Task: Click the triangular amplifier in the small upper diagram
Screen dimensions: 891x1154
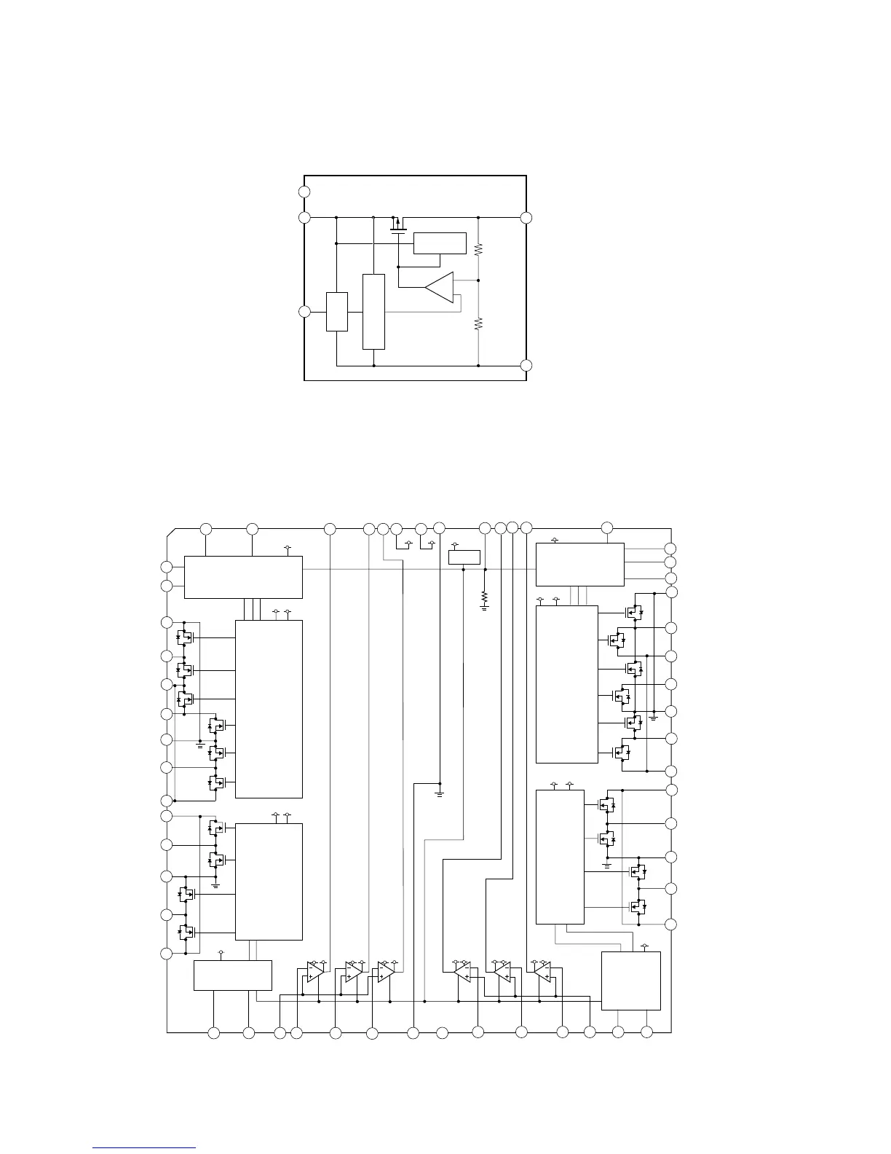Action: pos(440,288)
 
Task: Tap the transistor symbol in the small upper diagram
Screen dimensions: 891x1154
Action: pos(397,224)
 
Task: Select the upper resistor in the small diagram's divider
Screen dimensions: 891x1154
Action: pos(478,248)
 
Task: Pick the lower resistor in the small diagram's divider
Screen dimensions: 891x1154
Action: pos(478,324)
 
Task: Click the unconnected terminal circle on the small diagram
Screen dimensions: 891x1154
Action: pos(304,192)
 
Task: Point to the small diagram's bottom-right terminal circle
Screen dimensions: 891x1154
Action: pos(526,365)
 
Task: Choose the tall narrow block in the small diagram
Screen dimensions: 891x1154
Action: pos(373,312)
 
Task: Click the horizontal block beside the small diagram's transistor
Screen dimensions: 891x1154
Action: pos(440,243)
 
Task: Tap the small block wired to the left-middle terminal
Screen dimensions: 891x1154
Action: pos(337,311)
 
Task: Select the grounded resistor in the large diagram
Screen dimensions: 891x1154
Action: pos(484,597)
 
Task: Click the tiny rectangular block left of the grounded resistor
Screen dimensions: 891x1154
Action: pos(464,557)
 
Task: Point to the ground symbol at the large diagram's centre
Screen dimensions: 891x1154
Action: pos(439,790)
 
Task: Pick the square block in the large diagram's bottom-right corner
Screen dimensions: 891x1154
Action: pos(630,981)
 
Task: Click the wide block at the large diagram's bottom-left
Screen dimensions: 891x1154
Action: pos(233,975)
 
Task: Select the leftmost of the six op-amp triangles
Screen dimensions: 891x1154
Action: pos(313,973)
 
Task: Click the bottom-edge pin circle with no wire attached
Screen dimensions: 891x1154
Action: pos(442,1032)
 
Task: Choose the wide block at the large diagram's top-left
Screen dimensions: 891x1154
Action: pos(243,577)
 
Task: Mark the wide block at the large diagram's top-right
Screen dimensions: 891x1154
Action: pos(579,564)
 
